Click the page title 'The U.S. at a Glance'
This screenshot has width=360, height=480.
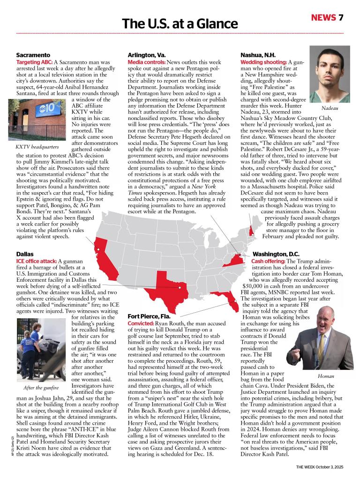point(180,23)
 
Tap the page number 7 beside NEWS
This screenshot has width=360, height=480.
point(341,18)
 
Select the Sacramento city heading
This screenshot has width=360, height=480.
point(33,55)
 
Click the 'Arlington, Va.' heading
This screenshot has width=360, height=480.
point(146,55)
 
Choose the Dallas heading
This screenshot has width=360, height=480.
point(24,254)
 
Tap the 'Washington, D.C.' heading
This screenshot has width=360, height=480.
point(279,254)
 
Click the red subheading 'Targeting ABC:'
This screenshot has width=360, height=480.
point(34,62)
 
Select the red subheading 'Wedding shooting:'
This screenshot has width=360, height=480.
point(263,62)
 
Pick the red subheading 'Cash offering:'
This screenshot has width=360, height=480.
point(268,261)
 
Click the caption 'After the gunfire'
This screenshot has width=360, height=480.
point(41,388)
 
